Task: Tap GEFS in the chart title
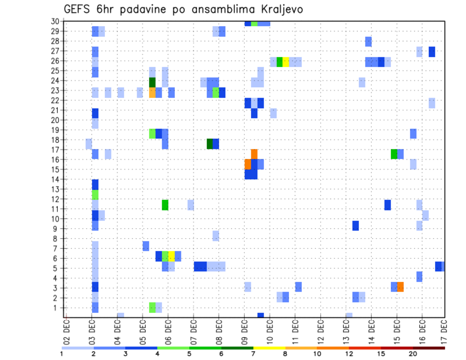79,9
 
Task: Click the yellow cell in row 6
171,256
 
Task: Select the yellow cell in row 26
286,62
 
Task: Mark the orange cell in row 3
400,287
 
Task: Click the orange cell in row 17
254,154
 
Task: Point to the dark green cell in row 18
210,144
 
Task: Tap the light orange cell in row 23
152,92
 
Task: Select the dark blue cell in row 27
432,52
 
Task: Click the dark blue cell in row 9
356,226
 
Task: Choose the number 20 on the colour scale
413,354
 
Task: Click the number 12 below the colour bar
349,354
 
